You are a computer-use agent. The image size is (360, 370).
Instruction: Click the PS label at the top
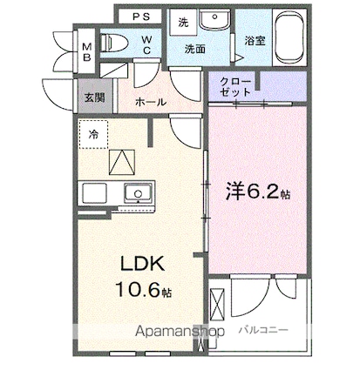(x=141, y=17)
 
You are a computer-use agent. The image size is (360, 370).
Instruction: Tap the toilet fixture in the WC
(x=114, y=43)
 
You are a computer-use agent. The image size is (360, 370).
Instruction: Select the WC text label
(x=146, y=44)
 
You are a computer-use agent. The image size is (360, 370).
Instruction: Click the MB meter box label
(x=86, y=51)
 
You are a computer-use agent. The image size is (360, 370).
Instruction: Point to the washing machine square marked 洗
(x=183, y=22)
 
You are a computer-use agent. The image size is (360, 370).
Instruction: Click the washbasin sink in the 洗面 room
(x=214, y=18)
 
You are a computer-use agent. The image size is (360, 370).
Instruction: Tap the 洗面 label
(x=195, y=50)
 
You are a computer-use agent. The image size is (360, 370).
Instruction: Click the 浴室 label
(x=255, y=41)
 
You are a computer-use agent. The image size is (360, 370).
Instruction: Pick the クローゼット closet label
(x=235, y=86)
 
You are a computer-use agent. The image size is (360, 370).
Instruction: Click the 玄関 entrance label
(x=94, y=98)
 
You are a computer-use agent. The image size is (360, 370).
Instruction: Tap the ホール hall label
(x=151, y=102)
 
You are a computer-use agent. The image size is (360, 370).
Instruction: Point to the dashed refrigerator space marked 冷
(x=93, y=134)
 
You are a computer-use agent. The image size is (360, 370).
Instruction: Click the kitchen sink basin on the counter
(x=138, y=193)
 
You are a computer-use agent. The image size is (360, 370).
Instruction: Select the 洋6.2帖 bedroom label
(x=258, y=192)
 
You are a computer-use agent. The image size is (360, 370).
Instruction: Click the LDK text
(x=142, y=264)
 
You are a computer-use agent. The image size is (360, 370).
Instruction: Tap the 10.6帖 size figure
(x=144, y=289)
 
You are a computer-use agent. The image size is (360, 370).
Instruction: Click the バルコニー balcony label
(x=263, y=330)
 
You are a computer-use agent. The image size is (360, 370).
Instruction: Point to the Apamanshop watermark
(x=180, y=332)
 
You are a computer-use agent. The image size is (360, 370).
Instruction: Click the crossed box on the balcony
(x=217, y=303)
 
